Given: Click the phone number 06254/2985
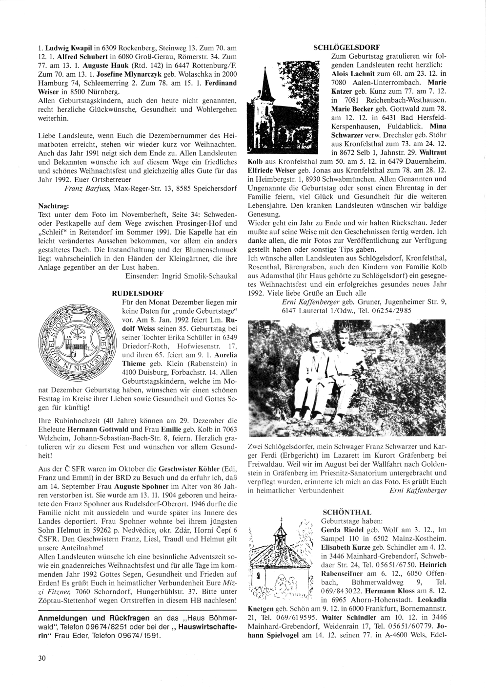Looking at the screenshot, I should click(x=393, y=310).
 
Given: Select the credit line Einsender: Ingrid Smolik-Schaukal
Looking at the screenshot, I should click(x=181, y=276).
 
